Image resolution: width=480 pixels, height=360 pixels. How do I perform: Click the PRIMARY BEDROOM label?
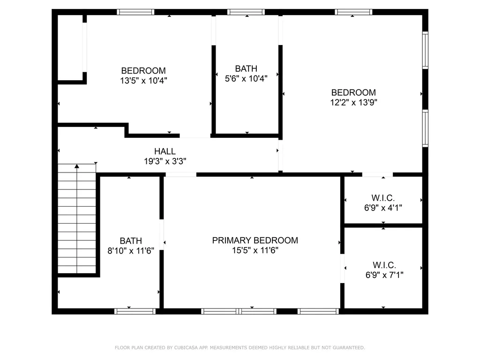pyautogui.click(x=255, y=240)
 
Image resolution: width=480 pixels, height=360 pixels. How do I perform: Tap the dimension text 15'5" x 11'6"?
pyautogui.click(x=255, y=250)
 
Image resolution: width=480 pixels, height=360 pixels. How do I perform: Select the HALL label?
pyautogui.click(x=165, y=151)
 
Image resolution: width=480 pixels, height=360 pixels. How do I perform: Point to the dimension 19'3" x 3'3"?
pyautogui.click(x=165, y=161)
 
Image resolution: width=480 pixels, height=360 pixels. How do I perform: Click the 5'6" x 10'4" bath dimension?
pyautogui.click(x=246, y=79)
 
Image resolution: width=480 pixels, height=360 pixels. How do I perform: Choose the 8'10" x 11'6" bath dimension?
pyautogui.click(x=131, y=251)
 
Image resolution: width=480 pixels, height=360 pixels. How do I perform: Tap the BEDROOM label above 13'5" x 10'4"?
pyautogui.click(x=143, y=71)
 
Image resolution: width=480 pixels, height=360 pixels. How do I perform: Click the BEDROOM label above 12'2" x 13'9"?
pyautogui.click(x=353, y=93)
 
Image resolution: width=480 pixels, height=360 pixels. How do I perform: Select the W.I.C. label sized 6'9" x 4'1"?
pyautogui.click(x=383, y=197)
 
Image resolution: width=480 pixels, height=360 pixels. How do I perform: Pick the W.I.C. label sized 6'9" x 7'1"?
pyautogui.click(x=384, y=265)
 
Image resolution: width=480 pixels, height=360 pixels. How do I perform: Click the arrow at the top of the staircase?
pyautogui.click(x=77, y=166)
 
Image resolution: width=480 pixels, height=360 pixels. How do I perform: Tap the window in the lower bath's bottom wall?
pyautogui.click(x=135, y=311)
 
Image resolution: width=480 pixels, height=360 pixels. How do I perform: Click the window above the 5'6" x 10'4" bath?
pyautogui.click(x=246, y=12)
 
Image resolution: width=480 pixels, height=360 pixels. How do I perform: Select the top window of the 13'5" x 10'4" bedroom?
pyautogui.click(x=135, y=12)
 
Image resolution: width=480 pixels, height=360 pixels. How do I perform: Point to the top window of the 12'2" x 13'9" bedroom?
pyautogui.click(x=354, y=12)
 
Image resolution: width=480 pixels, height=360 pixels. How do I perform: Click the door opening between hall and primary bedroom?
pyautogui.click(x=180, y=174)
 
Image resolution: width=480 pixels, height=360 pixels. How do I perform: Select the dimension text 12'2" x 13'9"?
pyautogui.click(x=353, y=103)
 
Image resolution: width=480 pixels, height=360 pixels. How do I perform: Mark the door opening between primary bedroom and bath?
pyautogui.click(x=162, y=234)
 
